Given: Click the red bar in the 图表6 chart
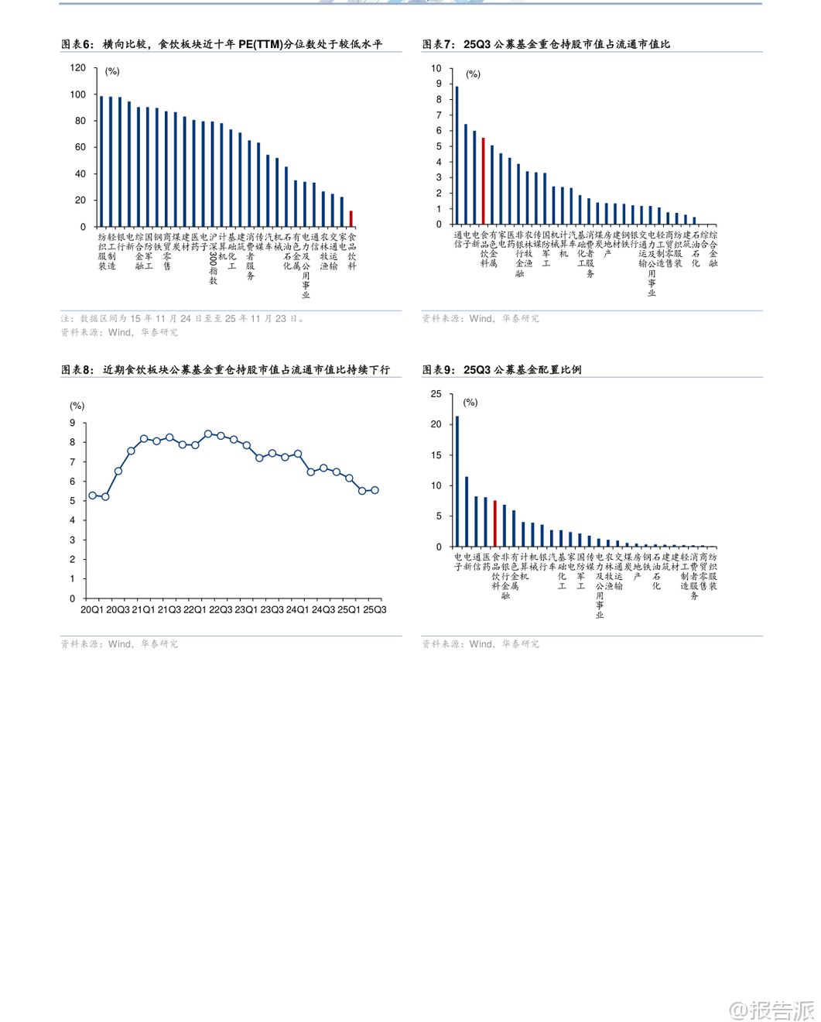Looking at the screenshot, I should [351, 218].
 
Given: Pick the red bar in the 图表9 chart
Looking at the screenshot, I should [495, 524].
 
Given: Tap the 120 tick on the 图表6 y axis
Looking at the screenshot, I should [78, 68].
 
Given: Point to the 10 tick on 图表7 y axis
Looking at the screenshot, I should [436, 68].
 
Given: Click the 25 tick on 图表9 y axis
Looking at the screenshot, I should [436, 394].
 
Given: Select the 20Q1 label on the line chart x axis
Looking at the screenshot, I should [92, 610].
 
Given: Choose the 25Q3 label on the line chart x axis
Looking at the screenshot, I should [375, 610].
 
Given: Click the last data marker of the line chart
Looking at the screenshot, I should [375, 490].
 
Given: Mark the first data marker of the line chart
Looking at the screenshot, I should [93, 496].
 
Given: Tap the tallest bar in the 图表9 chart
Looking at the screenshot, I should [457, 482].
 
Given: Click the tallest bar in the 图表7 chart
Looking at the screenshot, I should [457, 155].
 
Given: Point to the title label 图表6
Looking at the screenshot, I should [77, 45].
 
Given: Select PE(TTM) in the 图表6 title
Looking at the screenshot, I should [261, 45].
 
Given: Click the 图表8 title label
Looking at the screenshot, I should [77, 370].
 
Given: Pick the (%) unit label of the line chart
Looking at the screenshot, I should [77, 406].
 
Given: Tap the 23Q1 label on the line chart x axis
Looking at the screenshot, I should [246, 610].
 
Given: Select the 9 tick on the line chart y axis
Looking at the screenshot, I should [73, 423].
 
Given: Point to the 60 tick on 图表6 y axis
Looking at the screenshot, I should [80, 147].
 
